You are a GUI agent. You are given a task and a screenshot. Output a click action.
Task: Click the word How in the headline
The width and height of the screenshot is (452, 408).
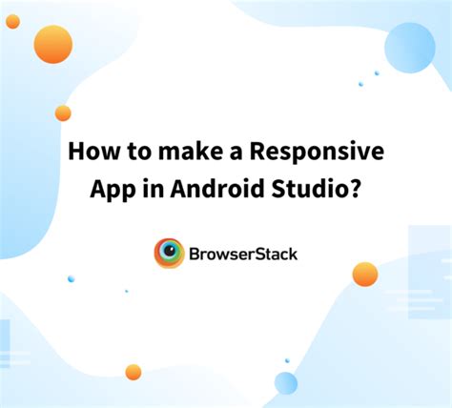91,153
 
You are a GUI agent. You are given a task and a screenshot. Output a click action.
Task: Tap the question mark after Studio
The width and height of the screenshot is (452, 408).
357,187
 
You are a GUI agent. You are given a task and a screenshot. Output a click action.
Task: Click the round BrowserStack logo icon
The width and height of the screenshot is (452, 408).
170,253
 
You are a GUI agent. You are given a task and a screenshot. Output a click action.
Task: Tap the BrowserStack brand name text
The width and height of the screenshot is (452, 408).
243,254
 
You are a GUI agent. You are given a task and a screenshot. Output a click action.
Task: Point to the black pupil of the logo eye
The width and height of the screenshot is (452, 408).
170,253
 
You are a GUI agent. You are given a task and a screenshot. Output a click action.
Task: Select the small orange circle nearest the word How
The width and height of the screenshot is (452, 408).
63,113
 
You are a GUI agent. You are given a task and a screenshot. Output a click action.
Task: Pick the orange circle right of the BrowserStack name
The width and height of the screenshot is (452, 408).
365,275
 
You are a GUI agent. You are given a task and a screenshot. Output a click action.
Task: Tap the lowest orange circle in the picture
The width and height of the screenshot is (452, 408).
134,372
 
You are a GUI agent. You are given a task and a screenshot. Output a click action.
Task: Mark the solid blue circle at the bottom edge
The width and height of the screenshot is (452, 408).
286,383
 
